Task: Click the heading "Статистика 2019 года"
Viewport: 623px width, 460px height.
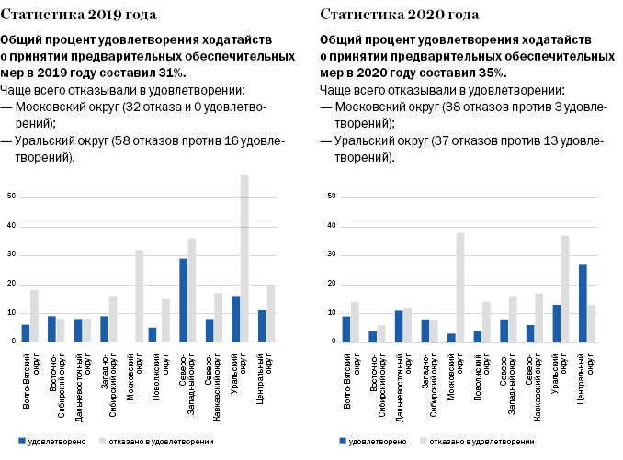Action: tap(78, 16)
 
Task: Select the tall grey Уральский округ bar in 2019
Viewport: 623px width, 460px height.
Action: tap(244, 258)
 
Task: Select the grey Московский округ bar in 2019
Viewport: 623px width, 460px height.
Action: tap(140, 296)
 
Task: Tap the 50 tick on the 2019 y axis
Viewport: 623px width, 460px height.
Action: tap(11, 196)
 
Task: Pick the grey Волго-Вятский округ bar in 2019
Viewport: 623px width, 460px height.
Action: tap(34, 316)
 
